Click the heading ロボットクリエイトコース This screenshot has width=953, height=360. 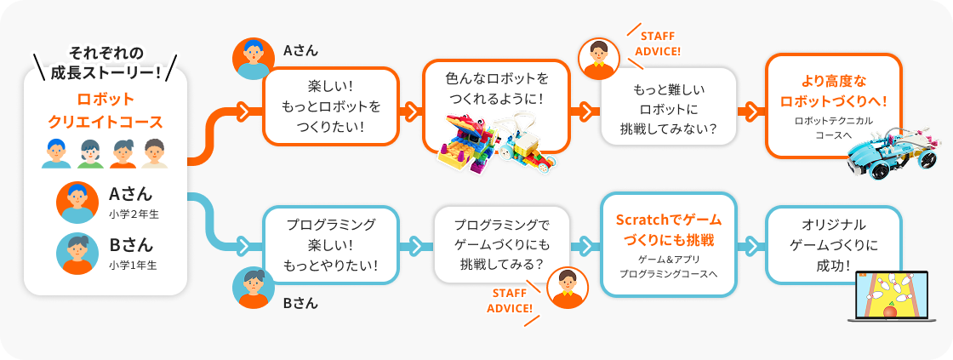pos(106,110)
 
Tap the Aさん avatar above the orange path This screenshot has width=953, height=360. pos(253,58)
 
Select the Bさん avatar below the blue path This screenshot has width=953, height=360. pos(253,288)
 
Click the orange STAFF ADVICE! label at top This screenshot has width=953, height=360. pos(659,44)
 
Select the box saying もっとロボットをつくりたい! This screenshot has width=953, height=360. pos(331,106)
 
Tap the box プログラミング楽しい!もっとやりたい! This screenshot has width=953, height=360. pos(331,245)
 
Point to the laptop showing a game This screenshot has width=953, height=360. pos(889,299)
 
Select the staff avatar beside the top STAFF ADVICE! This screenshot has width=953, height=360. pos(599,58)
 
